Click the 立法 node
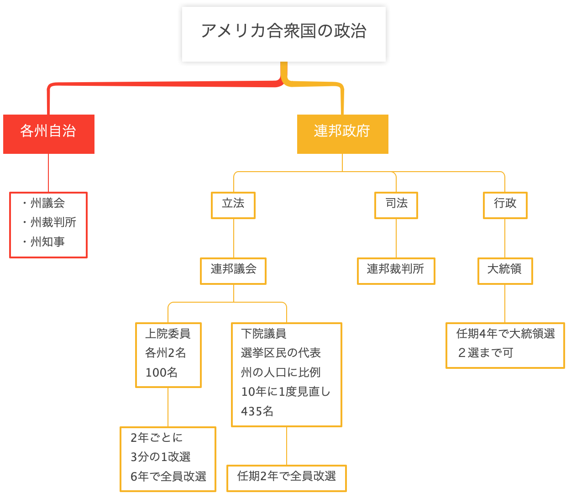[233, 204]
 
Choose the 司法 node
[396, 204]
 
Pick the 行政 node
[505, 204]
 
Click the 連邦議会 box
[233, 270]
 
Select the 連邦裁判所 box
[396, 270]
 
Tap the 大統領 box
[505, 270]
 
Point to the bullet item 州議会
[47, 203]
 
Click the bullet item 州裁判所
[53, 223]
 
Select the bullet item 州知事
[47, 242]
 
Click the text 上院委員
[168, 334]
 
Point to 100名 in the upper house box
[161, 373]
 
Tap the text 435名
[257, 412]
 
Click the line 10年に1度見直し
[285, 392]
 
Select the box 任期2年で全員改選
[287, 477]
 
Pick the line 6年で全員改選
[168, 477]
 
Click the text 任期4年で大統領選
[505, 334]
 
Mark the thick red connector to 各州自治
[160, 84]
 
